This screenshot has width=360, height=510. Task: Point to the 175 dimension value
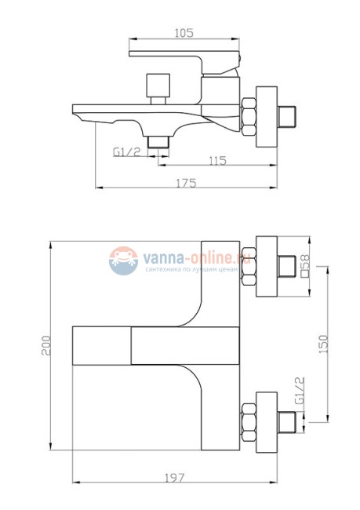[186, 182]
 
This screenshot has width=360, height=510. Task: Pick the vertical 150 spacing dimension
[325, 343]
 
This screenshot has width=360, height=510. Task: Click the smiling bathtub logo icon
[122, 260]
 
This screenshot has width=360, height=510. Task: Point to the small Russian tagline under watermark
[191, 269]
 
